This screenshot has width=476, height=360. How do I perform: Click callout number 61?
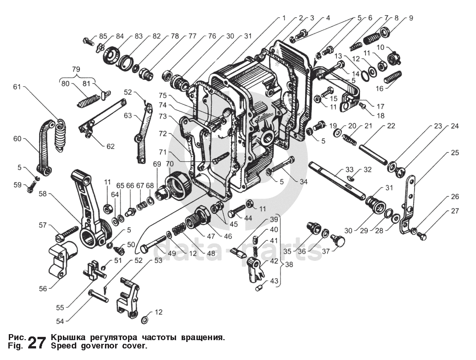(x=17, y=87)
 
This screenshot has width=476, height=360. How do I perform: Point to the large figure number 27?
(x=37, y=342)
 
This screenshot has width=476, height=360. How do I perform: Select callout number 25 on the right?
(x=455, y=152)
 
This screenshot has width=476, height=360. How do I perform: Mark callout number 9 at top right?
(x=410, y=18)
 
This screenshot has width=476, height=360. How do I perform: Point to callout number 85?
(x=103, y=36)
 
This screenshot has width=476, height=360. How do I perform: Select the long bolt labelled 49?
(x=153, y=244)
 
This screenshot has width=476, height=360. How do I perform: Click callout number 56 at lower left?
(x=43, y=288)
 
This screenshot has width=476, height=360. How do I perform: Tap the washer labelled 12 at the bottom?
(x=144, y=319)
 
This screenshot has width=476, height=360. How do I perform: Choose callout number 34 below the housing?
(x=303, y=182)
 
